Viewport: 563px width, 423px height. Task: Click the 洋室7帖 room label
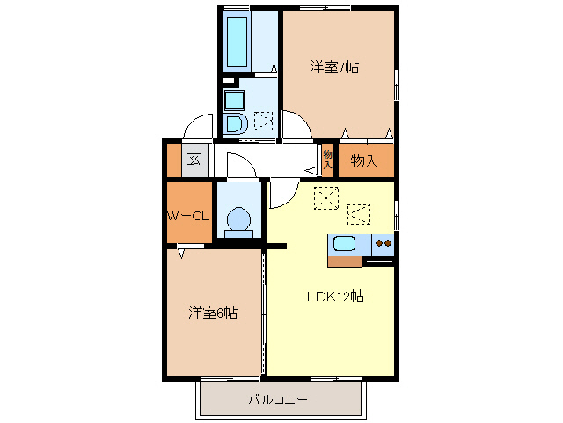tap(334, 67)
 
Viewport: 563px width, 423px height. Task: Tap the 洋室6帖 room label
tap(212, 313)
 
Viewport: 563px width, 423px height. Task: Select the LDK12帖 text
tap(335, 297)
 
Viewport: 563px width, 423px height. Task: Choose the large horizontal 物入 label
tap(363, 161)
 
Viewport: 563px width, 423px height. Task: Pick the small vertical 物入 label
tap(327, 160)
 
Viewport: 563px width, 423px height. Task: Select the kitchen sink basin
tap(343, 244)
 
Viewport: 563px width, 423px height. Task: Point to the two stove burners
tap(383, 243)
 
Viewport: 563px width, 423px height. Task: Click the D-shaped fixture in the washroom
tap(234, 122)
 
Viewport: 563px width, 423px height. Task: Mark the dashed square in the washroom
tap(263, 122)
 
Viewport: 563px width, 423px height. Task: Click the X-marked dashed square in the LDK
tap(325, 198)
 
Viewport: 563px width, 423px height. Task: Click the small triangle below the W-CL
tap(181, 254)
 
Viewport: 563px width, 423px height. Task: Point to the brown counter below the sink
tap(344, 261)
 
